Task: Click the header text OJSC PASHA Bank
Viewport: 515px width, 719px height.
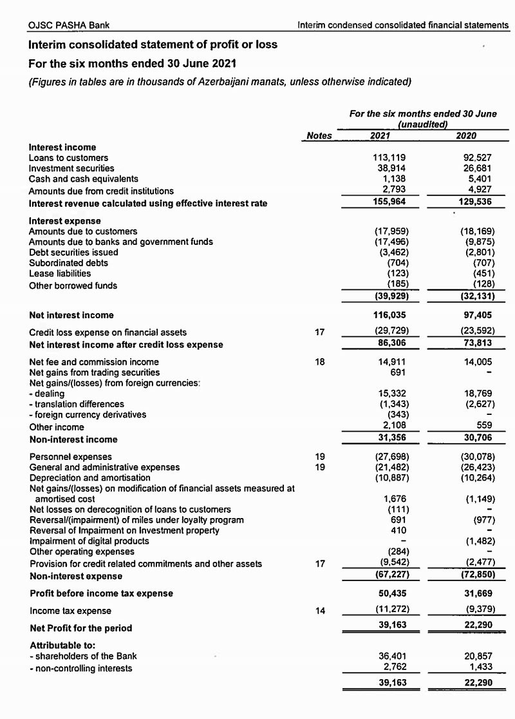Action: (69, 25)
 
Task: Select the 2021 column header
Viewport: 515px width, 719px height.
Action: (384, 135)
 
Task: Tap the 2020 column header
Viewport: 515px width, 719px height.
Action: (466, 135)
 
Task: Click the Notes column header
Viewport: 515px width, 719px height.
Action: (319, 135)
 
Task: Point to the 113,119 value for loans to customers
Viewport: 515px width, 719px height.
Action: (389, 158)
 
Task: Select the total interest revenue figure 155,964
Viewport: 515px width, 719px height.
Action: (389, 201)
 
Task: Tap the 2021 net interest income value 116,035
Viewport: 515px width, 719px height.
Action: (389, 315)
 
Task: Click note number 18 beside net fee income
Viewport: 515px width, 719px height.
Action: (320, 362)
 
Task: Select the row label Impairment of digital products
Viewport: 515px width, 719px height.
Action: (89, 541)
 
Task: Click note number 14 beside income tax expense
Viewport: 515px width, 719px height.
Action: (320, 610)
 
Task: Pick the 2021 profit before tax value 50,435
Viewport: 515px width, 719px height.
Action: (390, 593)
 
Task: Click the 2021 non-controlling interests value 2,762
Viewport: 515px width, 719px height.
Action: (393, 667)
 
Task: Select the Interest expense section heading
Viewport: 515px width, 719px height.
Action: (64, 221)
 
